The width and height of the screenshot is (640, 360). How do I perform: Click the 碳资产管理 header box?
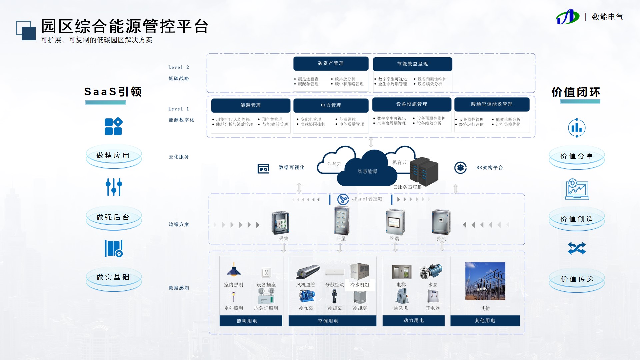click(331, 63)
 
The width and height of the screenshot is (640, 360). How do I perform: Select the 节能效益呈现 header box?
click(412, 64)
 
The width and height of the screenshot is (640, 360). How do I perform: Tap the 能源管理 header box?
click(251, 105)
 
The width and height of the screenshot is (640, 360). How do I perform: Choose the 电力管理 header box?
click(331, 105)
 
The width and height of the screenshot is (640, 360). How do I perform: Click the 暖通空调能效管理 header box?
click(492, 104)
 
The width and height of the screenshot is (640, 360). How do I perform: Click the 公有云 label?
click(334, 164)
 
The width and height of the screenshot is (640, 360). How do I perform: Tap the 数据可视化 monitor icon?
click(263, 169)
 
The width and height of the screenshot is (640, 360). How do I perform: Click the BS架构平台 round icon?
click(460, 168)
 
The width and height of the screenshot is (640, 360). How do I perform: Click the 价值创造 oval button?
click(577, 219)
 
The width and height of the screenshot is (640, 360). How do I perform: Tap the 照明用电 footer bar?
click(251, 321)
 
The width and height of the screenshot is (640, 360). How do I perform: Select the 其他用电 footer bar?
click(485, 321)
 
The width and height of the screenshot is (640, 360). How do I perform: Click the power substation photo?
click(485, 281)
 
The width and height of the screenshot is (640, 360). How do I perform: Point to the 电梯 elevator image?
click(401, 272)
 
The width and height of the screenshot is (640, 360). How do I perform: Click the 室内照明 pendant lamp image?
click(234, 270)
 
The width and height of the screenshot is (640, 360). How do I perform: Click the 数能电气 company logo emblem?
click(567, 17)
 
